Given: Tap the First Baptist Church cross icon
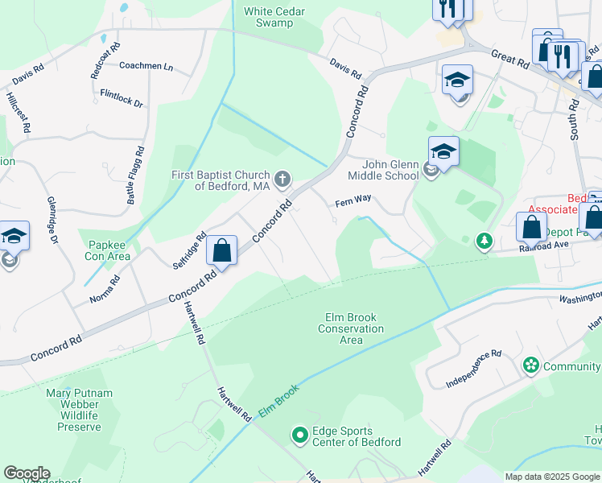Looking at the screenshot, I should (282, 178).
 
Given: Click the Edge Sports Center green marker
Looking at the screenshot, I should (299, 436).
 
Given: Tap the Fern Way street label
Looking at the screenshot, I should (353, 206).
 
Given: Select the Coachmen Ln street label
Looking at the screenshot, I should (146, 67).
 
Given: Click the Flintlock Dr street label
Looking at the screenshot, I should (122, 98).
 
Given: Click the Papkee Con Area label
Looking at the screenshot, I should (108, 250).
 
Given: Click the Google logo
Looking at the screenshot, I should (27, 473).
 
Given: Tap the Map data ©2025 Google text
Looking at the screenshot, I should (551, 477).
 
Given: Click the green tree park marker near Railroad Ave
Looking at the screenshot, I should (484, 240).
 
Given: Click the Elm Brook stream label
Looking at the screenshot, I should (278, 400).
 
